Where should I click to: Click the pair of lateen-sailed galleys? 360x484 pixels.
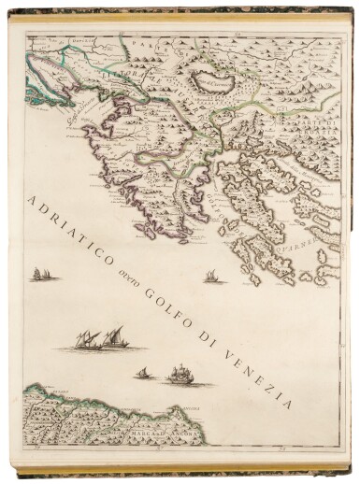[x=100, y=337]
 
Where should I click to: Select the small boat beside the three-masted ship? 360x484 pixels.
[x=143, y=374]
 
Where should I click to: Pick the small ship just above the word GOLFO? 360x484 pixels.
[x=209, y=275]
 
